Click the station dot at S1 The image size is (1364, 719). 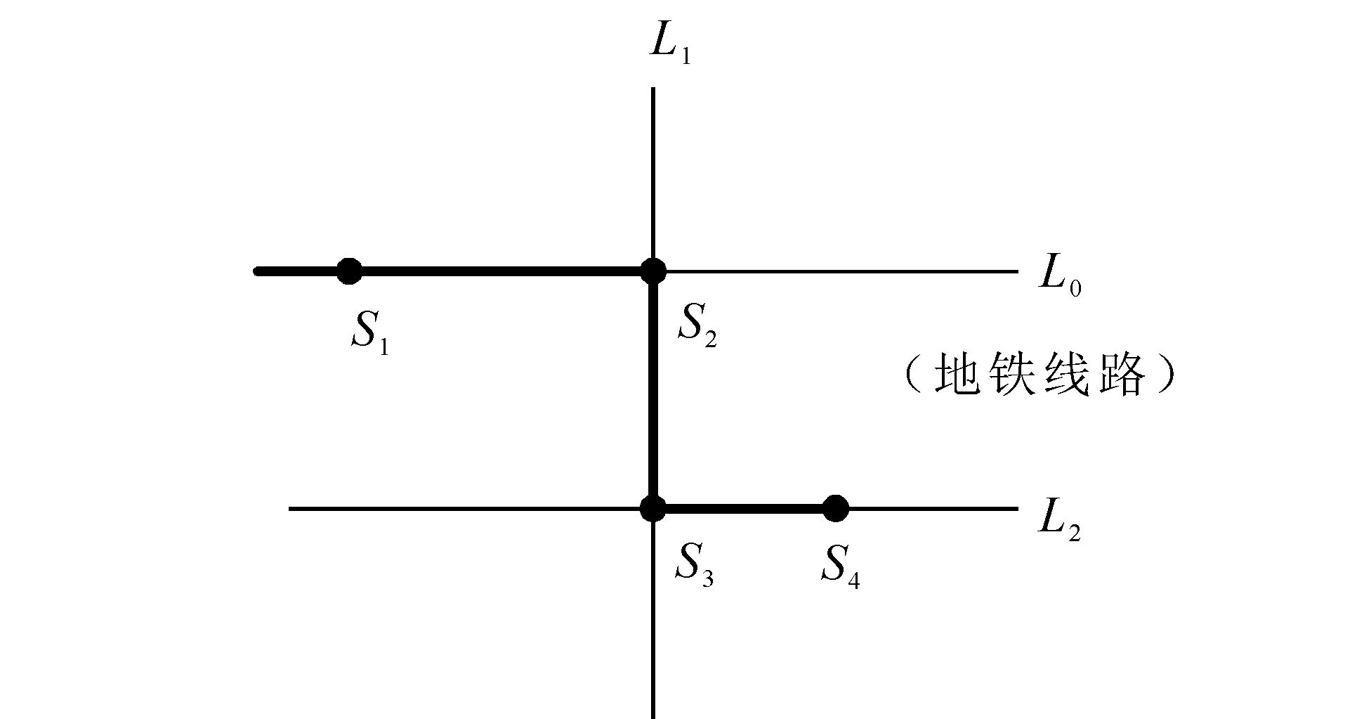tap(349, 271)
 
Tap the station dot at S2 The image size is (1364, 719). tap(653, 271)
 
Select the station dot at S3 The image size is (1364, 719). tap(653, 508)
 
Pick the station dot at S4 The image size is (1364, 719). tap(835, 508)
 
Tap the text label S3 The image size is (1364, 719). tap(694, 564)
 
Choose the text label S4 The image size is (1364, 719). tap(840, 564)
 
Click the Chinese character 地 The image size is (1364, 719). tap(957, 375)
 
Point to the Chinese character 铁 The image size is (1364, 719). tap(1014, 375)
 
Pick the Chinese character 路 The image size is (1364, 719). tap(1124, 375)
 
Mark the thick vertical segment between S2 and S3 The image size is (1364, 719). tap(653, 389)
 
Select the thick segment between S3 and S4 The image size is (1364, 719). tap(745, 508)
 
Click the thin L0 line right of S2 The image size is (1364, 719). tap(843, 271)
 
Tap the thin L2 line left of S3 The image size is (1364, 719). tap(464, 508)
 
